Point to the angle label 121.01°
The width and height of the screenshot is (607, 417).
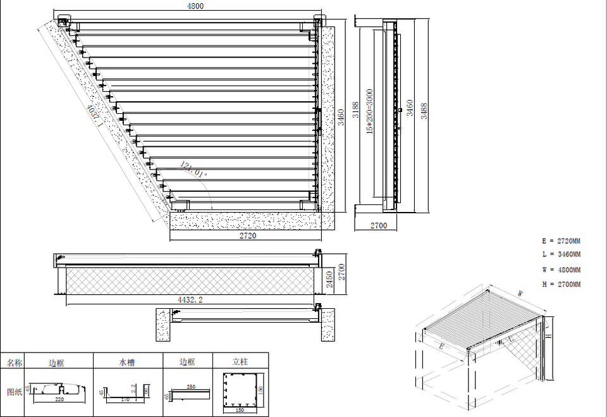pos(193,170)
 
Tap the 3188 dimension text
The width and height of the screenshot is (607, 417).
pos(355,111)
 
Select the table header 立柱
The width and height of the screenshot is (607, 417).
pos(240,362)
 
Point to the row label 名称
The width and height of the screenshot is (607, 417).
pos(14,363)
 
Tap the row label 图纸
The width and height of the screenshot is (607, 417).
pos(14,391)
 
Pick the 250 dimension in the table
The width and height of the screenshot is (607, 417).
pos(190,386)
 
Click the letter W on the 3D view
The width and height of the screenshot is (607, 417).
pos(520,293)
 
